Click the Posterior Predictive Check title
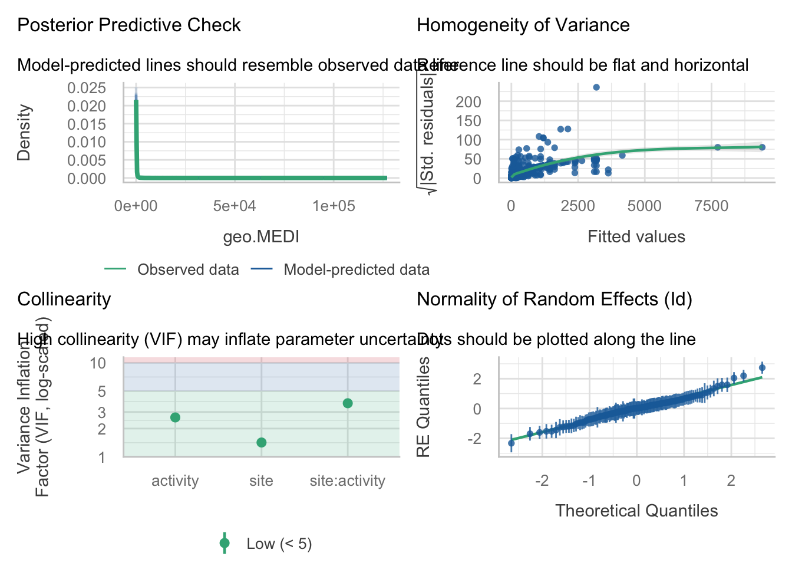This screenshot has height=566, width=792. click(x=129, y=25)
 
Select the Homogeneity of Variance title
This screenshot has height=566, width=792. click(x=523, y=25)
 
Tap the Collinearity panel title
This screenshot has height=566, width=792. click(x=64, y=300)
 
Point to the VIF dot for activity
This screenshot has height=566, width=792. click(x=175, y=417)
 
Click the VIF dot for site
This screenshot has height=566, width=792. click(x=262, y=443)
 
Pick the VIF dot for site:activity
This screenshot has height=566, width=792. click(x=348, y=403)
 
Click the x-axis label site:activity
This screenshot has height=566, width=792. click(x=348, y=481)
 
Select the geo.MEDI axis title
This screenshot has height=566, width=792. click(x=261, y=237)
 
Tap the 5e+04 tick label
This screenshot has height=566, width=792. click(x=235, y=206)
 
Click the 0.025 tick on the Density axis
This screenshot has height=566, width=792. click(x=87, y=88)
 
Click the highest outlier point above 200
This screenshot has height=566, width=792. click(x=596, y=87)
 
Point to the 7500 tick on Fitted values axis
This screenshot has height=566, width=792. click(x=711, y=206)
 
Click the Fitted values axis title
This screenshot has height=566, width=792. click(x=636, y=237)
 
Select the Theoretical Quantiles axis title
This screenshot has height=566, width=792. click(x=636, y=511)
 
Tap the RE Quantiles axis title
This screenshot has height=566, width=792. click(x=423, y=407)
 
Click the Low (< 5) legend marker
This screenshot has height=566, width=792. click(x=225, y=544)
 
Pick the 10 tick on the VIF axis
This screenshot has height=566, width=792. click(x=98, y=363)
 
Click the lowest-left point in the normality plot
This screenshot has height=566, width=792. click(x=511, y=443)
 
